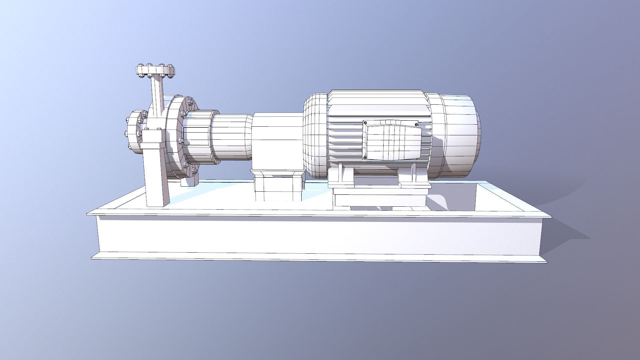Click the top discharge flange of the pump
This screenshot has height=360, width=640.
click(155, 70)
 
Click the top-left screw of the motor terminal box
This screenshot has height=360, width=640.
click(365, 123)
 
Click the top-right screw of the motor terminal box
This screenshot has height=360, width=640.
click(417, 125)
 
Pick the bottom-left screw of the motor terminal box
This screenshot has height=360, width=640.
click(365, 158)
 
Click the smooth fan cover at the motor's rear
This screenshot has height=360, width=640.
click(462, 133)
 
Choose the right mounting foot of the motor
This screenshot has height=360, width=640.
click(413, 177)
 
